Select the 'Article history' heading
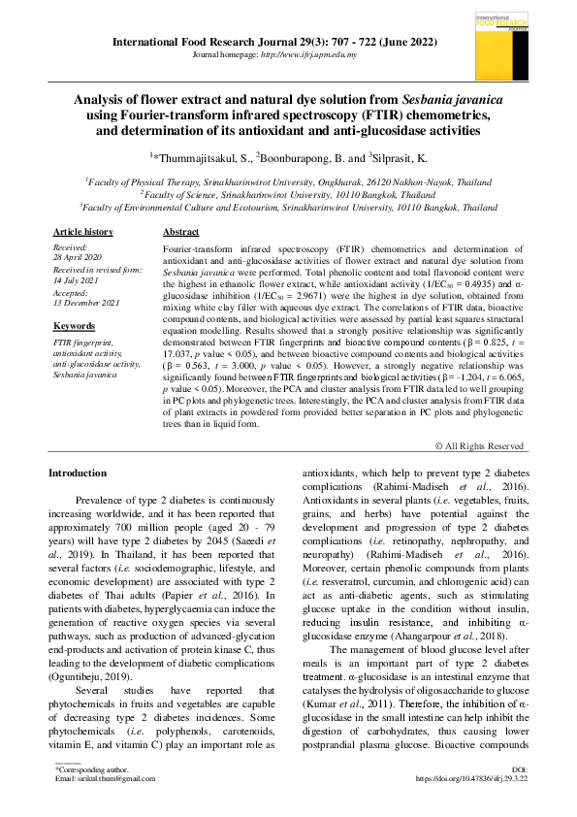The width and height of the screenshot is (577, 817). tap(82, 232)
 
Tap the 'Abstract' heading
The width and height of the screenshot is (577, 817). tap(181, 232)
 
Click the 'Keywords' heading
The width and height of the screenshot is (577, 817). tap(74, 326)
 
